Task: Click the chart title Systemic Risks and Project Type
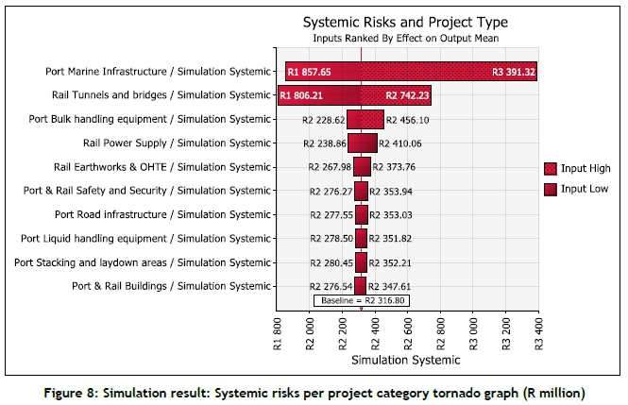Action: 404,22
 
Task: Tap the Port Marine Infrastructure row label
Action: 158,71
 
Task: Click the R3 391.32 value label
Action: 513,72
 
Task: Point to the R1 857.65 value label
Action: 310,72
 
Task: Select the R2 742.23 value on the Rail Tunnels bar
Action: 408,95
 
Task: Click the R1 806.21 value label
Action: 301,95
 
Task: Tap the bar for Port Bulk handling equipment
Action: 365,120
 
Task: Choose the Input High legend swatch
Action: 551,168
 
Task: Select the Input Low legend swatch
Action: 551,188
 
